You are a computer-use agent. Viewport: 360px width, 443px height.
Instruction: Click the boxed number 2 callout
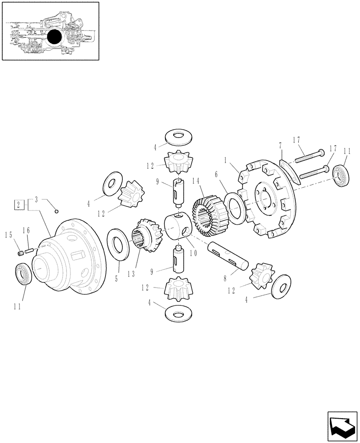19,204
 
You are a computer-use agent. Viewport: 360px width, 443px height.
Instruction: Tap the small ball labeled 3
57,210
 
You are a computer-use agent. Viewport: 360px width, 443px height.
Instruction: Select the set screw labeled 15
20,253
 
